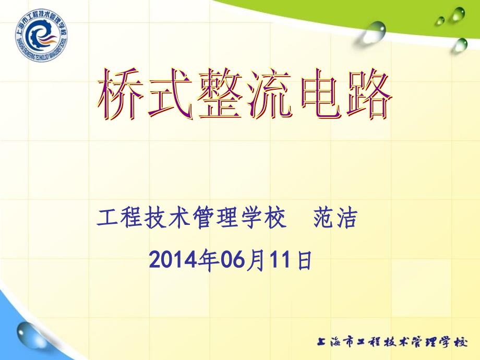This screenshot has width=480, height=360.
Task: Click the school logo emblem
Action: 42,35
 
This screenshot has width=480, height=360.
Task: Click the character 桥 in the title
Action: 121,94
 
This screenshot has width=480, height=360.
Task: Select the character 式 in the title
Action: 171,94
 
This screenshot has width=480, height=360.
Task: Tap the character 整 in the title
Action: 220,94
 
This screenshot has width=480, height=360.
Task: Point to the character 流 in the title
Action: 269,94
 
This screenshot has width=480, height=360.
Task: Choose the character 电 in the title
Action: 320,94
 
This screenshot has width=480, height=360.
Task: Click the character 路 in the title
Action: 369,94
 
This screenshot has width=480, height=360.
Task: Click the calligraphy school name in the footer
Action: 392,342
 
